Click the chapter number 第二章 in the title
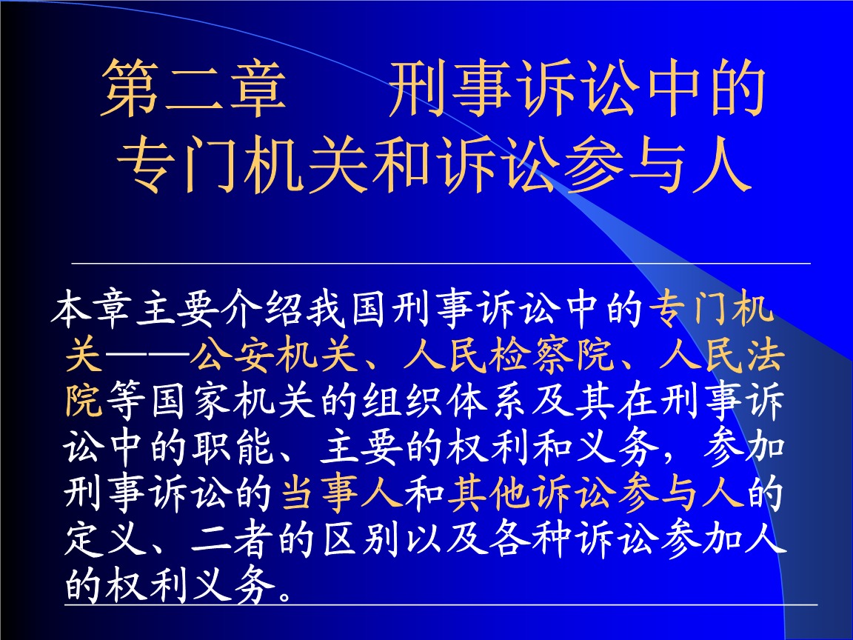click(x=193, y=88)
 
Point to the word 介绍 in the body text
click(x=261, y=310)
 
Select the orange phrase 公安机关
click(x=274, y=356)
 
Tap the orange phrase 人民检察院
click(x=509, y=356)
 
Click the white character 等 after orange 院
click(x=126, y=402)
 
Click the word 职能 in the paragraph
click(x=233, y=448)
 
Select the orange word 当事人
click(x=342, y=493)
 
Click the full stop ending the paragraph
click(x=285, y=594)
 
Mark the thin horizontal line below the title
click(x=441, y=264)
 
